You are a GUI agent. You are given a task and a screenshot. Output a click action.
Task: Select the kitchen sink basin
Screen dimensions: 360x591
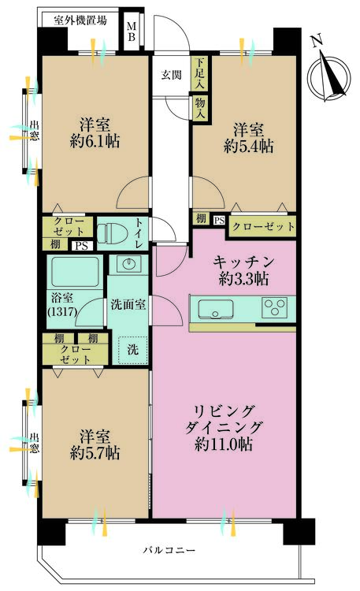tap(215, 309)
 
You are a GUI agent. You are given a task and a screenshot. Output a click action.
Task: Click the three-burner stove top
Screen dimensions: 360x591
tap(274, 307)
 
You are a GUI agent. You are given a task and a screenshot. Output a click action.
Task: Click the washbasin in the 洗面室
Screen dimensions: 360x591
tap(129, 264)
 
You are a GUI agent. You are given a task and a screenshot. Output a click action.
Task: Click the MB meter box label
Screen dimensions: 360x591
tap(132, 32)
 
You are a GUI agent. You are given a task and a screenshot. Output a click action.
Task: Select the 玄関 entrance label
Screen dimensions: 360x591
tap(172, 75)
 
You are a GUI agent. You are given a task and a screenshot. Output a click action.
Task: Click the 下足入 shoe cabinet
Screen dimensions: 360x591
tap(199, 73)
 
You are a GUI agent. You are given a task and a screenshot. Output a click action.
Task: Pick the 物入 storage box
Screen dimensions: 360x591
tap(199, 108)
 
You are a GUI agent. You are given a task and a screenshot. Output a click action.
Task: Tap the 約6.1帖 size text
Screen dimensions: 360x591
tap(95, 142)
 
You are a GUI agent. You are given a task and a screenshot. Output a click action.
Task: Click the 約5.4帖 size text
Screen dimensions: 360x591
tap(249, 147)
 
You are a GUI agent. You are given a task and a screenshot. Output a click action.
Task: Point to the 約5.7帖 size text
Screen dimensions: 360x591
tap(95, 452)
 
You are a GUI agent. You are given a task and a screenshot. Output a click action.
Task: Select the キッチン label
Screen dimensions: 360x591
tap(243, 262)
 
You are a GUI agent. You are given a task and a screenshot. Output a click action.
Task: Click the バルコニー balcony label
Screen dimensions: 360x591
tap(169, 550)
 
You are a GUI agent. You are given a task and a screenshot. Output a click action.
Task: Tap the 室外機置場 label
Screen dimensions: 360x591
tap(80, 20)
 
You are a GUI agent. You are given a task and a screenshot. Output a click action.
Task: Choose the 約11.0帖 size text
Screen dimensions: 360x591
tap(224, 445)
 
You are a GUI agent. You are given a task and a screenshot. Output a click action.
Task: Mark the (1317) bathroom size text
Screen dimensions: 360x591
tap(62, 311)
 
